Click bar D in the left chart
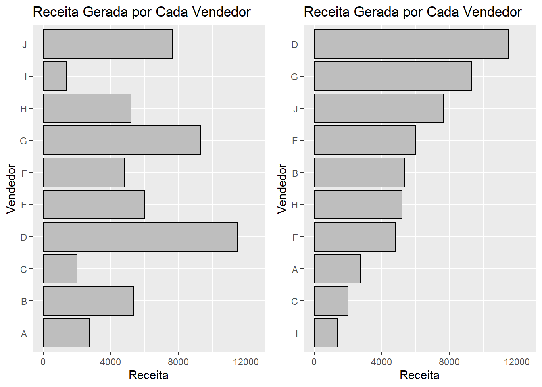pos(140,237)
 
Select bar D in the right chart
pos(411,44)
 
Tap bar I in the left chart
pos(55,76)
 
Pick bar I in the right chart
pos(326,333)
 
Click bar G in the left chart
pos(122,140)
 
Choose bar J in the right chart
pos(379,108)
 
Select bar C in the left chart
pos(60,269)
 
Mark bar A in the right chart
pos(337,269)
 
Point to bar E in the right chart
pos(365,140)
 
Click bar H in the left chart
pos(87,108)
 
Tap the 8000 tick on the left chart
pos(178,362)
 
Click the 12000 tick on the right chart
pos(517,362)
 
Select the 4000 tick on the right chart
pos(381,362)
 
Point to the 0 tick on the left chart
pos(43,362)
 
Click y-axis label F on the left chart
pos(24,173)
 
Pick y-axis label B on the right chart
pos(295,173)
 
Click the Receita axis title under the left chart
pos(148,375)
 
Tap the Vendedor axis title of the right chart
pos(282,189)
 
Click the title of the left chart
pos(142,12)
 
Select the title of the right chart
pos(413,12)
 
